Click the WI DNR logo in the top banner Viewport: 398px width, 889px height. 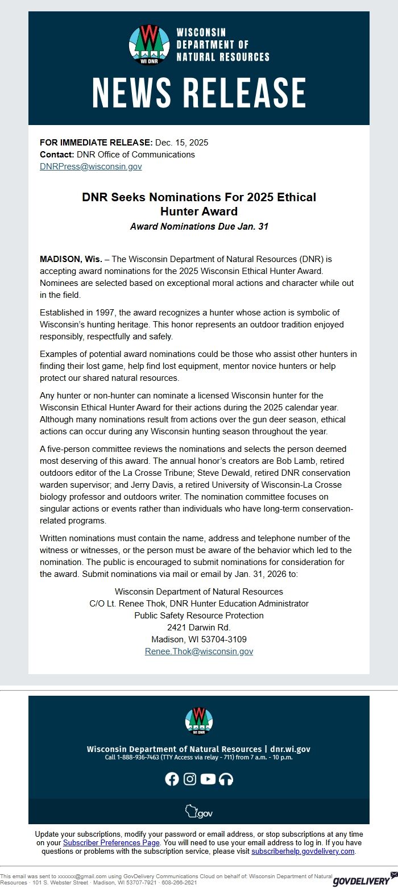150,44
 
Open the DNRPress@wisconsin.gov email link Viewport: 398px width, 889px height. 90,167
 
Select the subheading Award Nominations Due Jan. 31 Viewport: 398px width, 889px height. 199,226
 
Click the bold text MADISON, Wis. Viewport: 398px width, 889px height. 71,259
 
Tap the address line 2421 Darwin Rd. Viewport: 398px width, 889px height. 199,628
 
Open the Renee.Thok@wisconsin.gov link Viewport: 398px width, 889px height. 199,651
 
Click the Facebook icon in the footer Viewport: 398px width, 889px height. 172,779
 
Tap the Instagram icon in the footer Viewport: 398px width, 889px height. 190,779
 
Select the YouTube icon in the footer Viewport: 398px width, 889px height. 208,779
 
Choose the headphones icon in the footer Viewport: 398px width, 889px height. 226,779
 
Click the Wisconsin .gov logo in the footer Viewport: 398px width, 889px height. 199,812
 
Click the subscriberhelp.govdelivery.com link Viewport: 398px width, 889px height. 303,851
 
